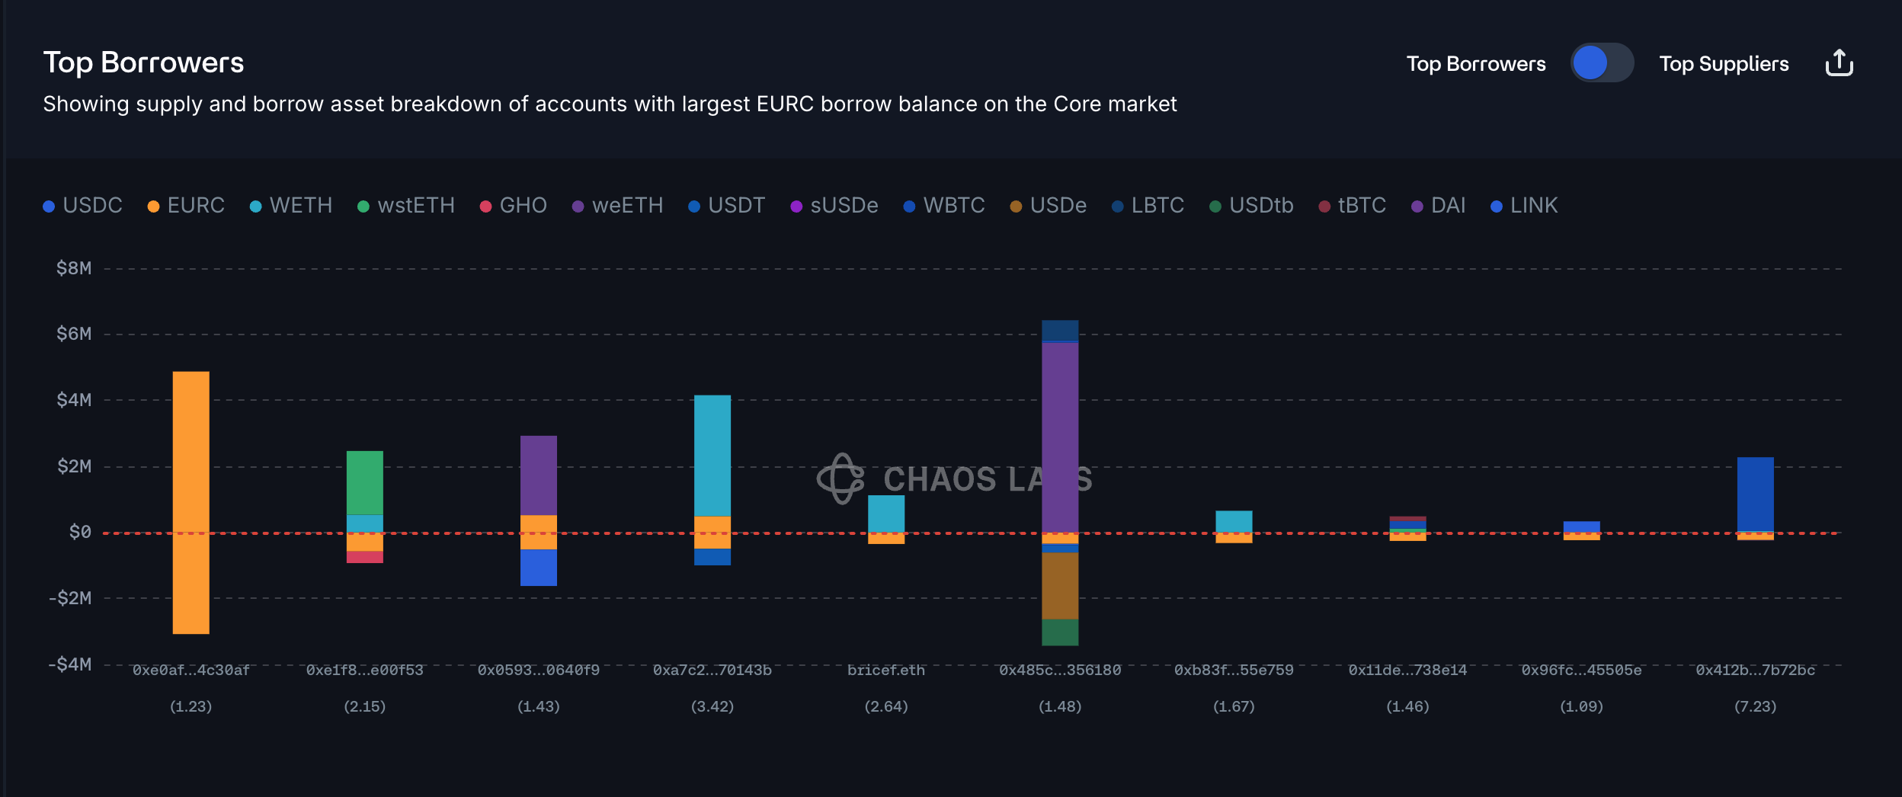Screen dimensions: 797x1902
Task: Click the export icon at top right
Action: (x=1839, y=63)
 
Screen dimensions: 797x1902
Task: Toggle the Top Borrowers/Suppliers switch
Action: (x=1602, y=63)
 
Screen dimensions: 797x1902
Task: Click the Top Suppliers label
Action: (x=1724, y=64)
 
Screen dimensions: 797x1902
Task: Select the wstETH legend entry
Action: (x=406, y=206)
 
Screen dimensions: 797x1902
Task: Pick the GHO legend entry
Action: (x=514, y=206)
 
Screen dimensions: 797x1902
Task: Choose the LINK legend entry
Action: (x=1524, y=206)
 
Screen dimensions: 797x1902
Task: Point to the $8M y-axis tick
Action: (x=74, y=268)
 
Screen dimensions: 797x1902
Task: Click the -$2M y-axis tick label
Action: (x=70, y=598)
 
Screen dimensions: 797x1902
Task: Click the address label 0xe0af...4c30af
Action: (x=191, y=671)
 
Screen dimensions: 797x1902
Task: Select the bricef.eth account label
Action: (x=885, y=671)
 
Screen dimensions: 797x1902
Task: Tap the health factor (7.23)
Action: (x=1755, y=707)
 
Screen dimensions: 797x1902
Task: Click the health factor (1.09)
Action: (x=1581, y=707)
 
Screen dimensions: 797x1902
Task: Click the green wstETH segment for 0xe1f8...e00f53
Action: (x=364, y=482)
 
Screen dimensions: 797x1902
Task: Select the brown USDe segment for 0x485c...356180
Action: (x=1060, y=585)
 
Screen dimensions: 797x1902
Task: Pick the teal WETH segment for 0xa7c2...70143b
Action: (x=712, y=455)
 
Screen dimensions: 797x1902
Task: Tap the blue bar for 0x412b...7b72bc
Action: (x=1755, y=494)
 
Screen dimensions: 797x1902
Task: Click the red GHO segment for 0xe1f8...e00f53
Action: (x=364, y=557)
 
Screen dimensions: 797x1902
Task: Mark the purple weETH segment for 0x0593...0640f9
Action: (x=538, y=475)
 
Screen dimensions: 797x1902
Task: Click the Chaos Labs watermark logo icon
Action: (x=841, y=479)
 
